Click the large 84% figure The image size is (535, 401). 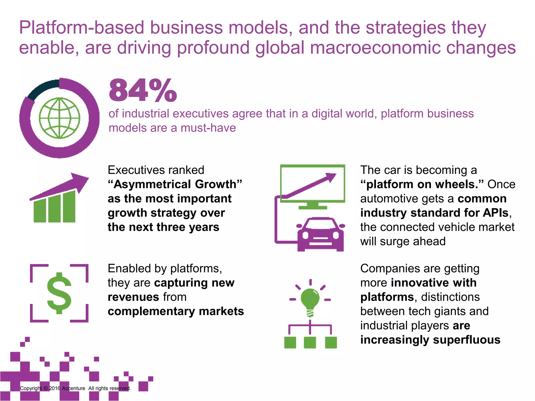[143, 90]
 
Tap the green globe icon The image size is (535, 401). [60, 118]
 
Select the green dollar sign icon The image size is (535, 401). [59, 293]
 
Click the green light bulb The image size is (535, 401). [310, 299]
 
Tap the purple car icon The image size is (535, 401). [321, 234]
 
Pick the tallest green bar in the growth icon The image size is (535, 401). [69, 207]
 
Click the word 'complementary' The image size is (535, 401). [151, 311]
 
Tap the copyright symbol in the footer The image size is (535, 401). [46, 388]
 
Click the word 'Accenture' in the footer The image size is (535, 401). [73, 388]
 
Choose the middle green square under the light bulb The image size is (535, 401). [310, 342]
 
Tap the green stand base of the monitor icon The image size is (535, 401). [313, 208]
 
